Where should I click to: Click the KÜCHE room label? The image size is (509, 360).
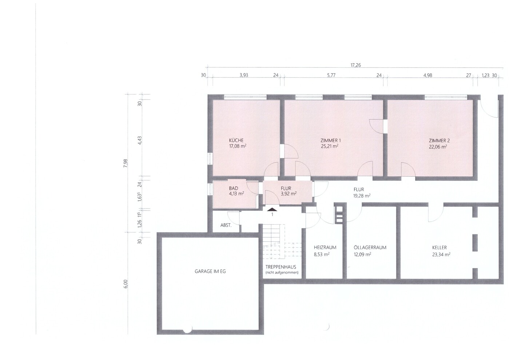(x=236, y=140)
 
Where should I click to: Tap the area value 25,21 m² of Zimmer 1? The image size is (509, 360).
(x=330, y=146)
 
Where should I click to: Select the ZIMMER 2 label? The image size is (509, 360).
(x=439, y=141)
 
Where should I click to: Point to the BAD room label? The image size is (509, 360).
(x=234, y=188)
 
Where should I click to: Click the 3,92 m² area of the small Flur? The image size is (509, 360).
(x=289, y=194)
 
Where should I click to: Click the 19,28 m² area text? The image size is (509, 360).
(x=362, y=196)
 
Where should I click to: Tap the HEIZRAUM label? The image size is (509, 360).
(x=325, y=247)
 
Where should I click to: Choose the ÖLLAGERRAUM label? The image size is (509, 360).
(x=370, y=247)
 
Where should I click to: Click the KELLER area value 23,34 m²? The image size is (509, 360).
(x=441, y=255)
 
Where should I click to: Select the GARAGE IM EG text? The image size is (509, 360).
(x=210, y=271)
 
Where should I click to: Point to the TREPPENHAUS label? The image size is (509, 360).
(x=281, y=267)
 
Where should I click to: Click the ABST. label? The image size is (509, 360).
(x=226, y=225)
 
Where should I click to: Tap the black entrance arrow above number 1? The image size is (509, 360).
(x=272, y=210)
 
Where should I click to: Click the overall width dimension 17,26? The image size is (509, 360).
(x=355, y=65)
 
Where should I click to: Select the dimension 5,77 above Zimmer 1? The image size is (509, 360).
(x=331, y=75)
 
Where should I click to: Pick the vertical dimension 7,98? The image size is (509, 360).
(x=126, y=163)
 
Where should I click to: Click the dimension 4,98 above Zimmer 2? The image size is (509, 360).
(x=428, y=75)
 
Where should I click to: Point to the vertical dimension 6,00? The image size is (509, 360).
(x=126, y=284)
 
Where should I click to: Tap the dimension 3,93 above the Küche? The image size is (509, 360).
(x=244, y=75)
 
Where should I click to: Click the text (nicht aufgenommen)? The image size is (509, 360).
(x=282, y=273)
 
